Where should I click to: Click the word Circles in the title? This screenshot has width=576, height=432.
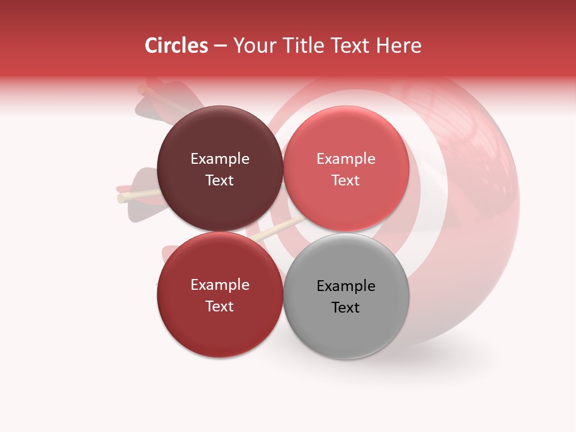176,46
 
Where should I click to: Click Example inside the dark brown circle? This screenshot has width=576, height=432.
220,159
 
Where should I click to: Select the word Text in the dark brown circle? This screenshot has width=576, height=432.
220,180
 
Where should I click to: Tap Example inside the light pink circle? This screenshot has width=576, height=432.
346,159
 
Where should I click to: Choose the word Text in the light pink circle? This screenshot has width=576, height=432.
346,180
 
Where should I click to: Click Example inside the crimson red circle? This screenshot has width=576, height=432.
220,285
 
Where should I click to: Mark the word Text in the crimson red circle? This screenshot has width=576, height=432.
220,306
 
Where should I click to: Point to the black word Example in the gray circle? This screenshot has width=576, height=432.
346,286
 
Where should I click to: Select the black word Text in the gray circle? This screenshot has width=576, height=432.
346,307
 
